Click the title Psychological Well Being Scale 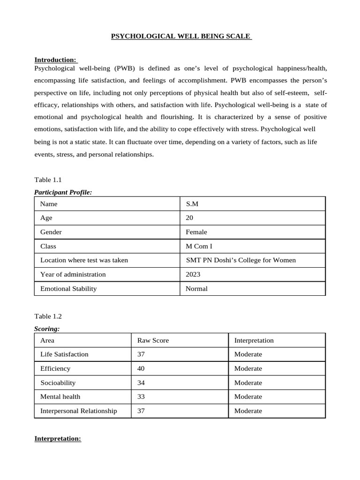coord(181,36)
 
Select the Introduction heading coord(56,60)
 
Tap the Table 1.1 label coord(48,180)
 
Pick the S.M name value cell coord(192,204)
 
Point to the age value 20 coord(189,218)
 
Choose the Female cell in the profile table coord(196,232)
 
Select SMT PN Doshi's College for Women coord(241,260)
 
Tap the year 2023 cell coord(193,274)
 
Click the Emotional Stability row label coord(68,288)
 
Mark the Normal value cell coord(196,288)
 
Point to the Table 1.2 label coord(48,316)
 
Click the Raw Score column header coord(153,340)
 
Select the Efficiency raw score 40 coord(141,368)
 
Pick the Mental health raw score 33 coord(141,397)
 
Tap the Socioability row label coord(58,382)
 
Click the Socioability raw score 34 coord(141,382)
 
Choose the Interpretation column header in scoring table coord(254,340)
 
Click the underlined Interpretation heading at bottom coord(58,439)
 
